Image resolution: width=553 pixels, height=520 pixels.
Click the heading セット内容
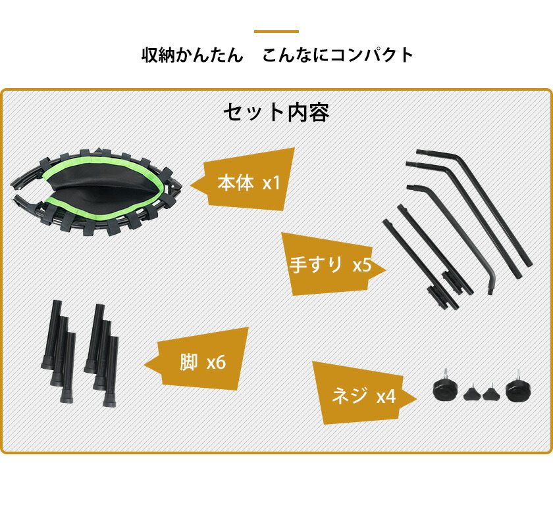click(x=276, y=112)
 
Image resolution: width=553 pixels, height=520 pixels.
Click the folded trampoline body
click(x=97, y=192)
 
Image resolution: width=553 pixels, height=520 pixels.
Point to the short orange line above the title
click(x=276, y=32)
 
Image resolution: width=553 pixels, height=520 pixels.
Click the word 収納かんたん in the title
click(x=192, y=55)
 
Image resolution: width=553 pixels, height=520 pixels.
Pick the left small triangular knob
click(x=472, y=393)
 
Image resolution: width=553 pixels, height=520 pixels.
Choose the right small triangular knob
click(x=491, y=392)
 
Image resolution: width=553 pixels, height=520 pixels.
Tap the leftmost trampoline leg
click(x=51, y=335)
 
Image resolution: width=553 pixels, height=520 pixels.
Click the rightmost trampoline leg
click(x=111, y=371)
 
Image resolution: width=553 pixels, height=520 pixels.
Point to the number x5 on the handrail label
click(x=362, y=264)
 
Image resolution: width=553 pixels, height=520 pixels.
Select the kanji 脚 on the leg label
click(x=188, y=362)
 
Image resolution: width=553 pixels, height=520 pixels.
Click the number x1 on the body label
click(x=271, y=183)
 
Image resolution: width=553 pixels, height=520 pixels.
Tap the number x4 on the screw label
click(x=386, y=397)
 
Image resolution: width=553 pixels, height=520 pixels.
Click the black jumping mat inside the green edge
click(x=102, y=187)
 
